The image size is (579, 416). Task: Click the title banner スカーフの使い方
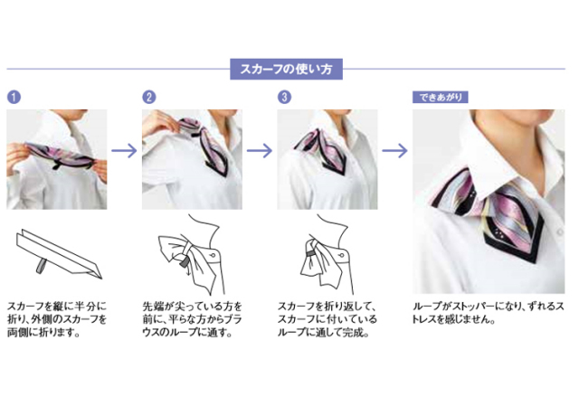(286, 69)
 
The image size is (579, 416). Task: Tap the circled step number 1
(14, 97)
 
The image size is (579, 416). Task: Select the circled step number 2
(149, 97)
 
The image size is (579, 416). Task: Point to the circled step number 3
(284, 97)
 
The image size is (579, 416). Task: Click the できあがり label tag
(441, 97)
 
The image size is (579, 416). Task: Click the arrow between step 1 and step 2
(125, 150)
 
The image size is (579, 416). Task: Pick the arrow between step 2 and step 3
(260, 150)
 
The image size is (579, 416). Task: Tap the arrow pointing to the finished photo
(394, 150)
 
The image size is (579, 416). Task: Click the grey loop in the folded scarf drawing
(41, 266)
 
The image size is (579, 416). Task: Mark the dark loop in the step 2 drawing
(184, 262)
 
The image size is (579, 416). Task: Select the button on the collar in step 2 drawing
(214, 255)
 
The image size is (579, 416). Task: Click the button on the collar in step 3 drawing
(342, 255)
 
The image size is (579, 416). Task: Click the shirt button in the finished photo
(560, 232)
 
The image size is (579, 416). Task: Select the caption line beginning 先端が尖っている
(192, 306)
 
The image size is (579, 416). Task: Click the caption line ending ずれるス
(489, 306)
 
